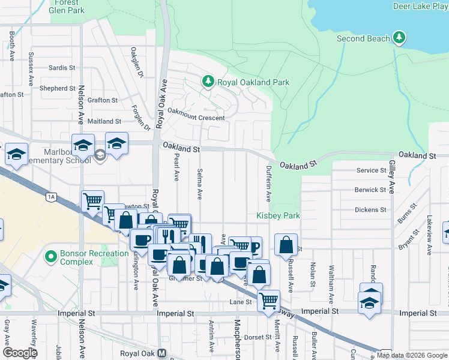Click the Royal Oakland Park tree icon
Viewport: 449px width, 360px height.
pos(208,82)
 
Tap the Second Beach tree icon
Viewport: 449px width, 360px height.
pos(399,39)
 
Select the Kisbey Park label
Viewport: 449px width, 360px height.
pos(278,215)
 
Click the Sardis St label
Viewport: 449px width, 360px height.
pos(62,68)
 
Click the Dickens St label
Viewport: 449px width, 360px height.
pos(370,210)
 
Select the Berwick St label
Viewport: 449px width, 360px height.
pos(370,190)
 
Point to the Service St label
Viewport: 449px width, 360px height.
pos(371,170)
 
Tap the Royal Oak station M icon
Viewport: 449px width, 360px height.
pos(161,354)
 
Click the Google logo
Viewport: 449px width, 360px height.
pos(19,352)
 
